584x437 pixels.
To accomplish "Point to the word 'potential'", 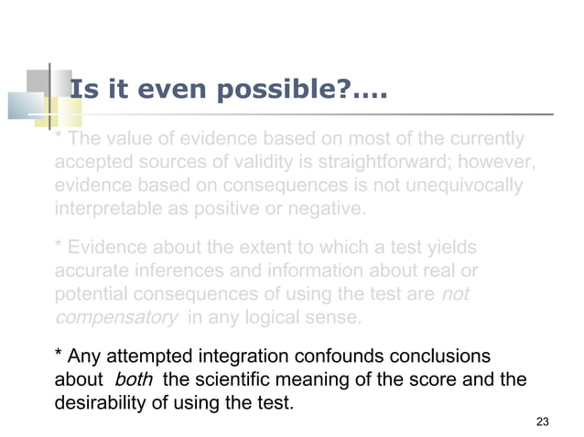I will (90, 295).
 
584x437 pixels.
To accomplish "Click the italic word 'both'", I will (133, 378).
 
